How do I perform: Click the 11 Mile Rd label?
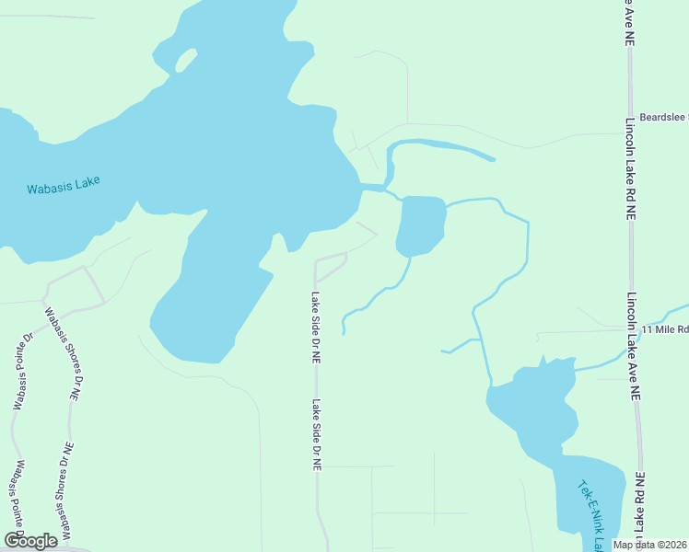point(665,328)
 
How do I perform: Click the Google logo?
point(30,541)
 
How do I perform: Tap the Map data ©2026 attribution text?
point(650,544)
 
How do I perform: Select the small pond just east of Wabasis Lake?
point(420,224)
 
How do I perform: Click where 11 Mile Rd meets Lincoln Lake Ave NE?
point(632,330)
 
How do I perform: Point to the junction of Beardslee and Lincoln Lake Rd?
point(630,133)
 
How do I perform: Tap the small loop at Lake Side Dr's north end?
point(330,267)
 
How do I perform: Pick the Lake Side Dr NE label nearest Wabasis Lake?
point(316,328)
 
